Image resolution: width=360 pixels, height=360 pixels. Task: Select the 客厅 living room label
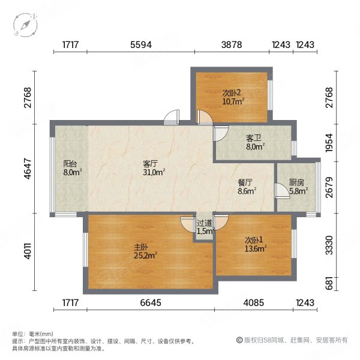[150, 163]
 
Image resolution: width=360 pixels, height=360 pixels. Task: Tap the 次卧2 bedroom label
[232, 93]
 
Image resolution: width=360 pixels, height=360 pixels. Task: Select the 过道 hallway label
[205, 223]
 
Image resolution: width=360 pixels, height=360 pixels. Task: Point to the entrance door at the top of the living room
[172, 118]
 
